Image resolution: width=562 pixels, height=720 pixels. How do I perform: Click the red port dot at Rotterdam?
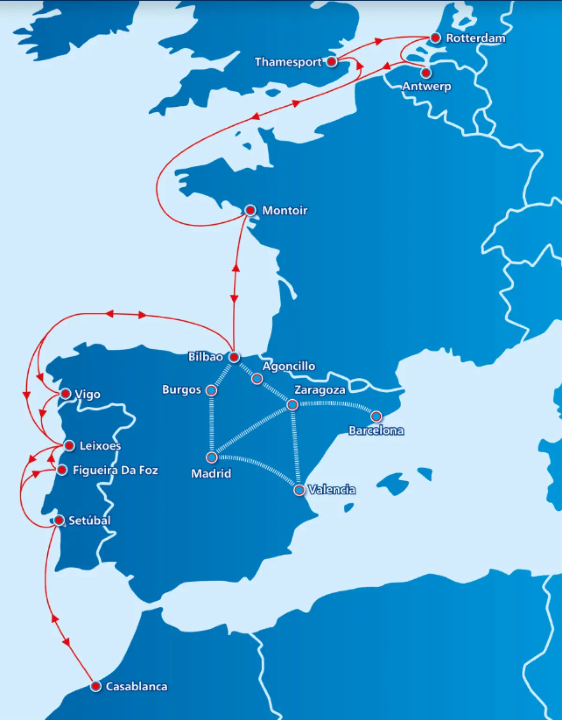(436, 38)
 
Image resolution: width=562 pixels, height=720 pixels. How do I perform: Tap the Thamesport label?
(288, 62)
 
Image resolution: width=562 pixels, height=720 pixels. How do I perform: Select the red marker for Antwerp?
(426, 73)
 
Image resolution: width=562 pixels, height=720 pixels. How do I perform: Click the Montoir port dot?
(251, 210)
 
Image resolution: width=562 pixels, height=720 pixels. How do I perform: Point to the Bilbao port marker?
(234, 357)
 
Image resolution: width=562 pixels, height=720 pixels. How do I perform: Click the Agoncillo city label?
(288, 366)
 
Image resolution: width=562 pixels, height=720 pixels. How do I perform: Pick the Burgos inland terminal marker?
(211, 390)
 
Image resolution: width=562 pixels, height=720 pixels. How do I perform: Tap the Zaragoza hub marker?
(292, 404)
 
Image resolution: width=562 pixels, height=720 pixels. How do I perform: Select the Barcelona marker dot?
(376, 416)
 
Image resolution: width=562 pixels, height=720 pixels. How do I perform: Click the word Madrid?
(211, 473)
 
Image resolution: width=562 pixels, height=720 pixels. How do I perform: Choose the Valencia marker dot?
(299, 490)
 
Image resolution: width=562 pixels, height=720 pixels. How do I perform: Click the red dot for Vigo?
(66, 394)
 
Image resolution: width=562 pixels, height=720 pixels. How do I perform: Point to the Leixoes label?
(100, 446)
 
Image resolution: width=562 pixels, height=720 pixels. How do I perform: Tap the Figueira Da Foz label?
(115, 470)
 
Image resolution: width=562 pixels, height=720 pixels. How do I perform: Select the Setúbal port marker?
(59, 520)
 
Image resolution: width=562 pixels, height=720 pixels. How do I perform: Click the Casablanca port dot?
(96, 686)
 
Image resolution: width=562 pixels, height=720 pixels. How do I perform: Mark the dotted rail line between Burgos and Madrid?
(212, 424)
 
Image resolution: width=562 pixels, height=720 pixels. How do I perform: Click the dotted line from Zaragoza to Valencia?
(296, 447)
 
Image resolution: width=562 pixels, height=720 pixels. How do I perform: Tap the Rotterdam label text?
(475, 38)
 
